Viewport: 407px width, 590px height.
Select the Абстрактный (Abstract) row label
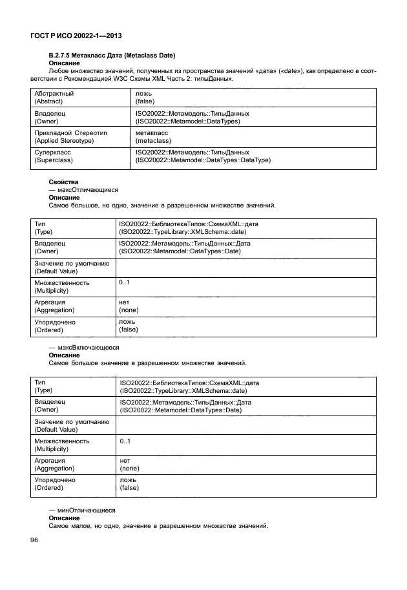[54, 98]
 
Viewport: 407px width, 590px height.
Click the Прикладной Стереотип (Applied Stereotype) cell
[72, 136]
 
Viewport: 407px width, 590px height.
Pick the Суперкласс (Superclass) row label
[53, 156]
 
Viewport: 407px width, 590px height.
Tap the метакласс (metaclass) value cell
[152, 136]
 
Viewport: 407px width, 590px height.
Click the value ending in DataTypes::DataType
[203, 160]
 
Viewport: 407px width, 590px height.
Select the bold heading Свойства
[63, 183]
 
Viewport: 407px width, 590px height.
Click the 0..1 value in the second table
[125, 282]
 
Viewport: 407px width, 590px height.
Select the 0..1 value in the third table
[125, 441]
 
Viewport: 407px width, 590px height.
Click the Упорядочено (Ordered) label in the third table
[55, 483]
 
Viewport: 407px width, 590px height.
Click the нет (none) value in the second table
[129, 306]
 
